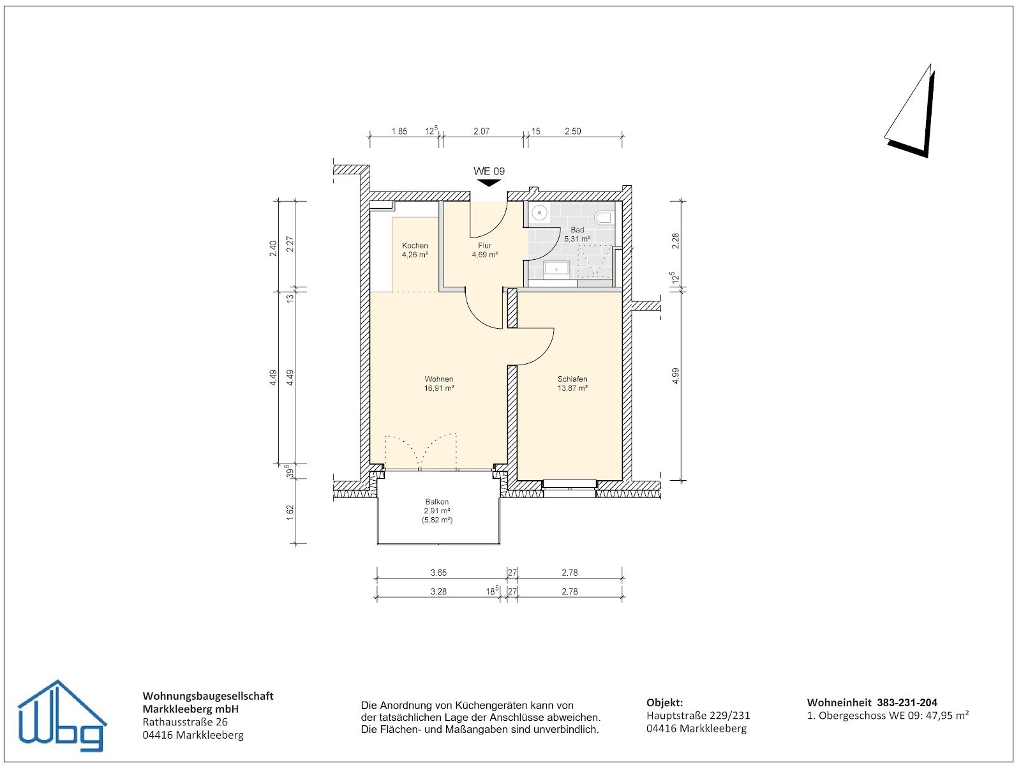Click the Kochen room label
(415, 250)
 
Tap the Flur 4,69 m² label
(485, 250)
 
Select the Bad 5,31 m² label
(577, 234)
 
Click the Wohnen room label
(439, 383)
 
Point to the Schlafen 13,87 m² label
(572, 383)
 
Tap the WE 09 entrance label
(489, 171)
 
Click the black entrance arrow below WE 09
(489, 183)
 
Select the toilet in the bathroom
(603, 218)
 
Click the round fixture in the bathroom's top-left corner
(540, 213)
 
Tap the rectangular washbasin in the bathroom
(557, 269)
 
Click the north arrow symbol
(911, 112)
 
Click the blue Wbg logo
(61, 716)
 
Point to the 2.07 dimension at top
(481, 131)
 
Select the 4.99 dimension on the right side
(675, 375)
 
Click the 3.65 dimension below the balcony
(438, 573)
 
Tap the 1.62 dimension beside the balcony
(290, 511)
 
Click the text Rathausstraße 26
(185, 722)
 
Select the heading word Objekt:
(664, 702)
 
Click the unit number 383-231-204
(907, 702)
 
